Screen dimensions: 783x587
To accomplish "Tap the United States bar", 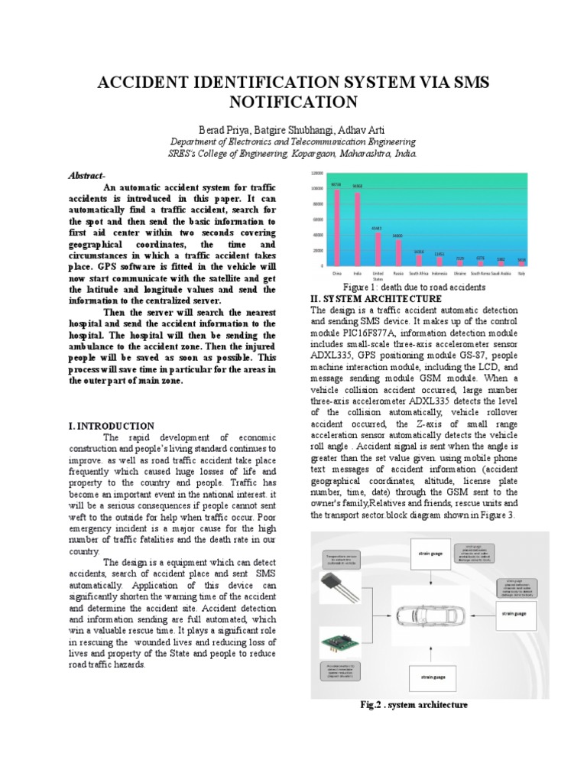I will click(x=378, y=249).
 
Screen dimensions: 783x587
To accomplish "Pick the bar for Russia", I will click(x=398, y=252).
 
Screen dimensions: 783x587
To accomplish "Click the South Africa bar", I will click(x=419, y=260).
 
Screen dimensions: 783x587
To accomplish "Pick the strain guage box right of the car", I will click(x=514, y=612).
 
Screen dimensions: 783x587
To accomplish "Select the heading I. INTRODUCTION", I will click(x=112, y=426).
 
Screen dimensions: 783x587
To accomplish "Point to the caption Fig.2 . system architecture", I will click(x=413, y=705).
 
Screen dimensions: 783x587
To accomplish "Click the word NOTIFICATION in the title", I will click(x=293, y=102).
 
